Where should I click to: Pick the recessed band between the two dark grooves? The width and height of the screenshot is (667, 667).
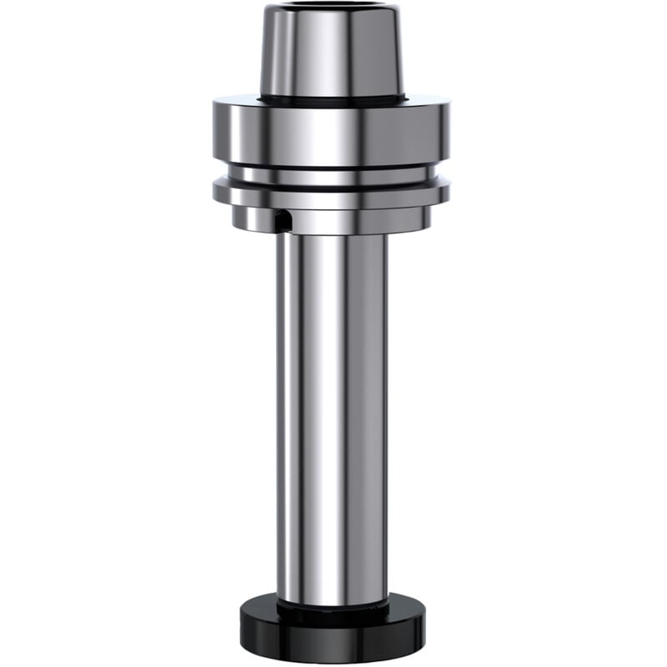332,177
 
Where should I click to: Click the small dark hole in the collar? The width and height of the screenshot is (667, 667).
283,221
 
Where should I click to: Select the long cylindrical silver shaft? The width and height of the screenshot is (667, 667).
332,417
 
